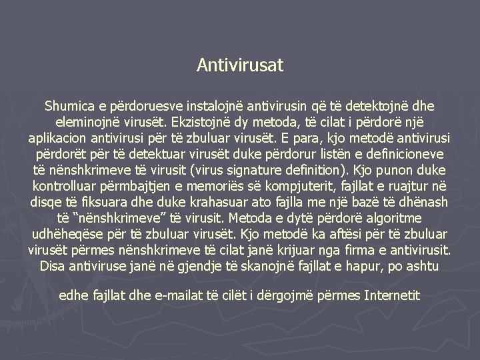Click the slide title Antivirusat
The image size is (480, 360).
240,65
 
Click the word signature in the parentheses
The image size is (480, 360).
258,171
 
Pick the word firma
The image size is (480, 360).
355,250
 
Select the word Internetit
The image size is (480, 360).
392,295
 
